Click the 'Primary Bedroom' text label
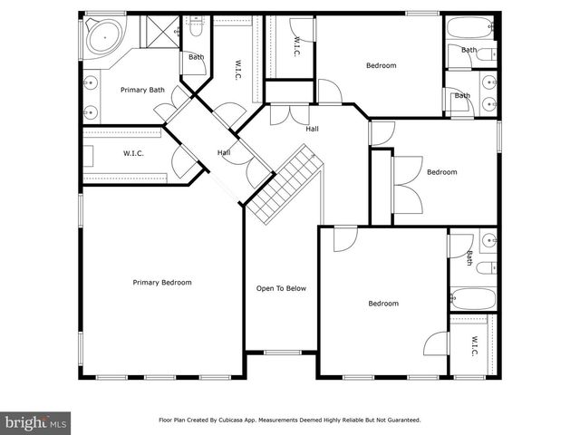tap(162, 283)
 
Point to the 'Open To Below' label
tap(281, 289)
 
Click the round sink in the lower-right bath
tap(488, 241)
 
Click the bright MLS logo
tap(35, 421)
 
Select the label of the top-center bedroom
tap(381, 65)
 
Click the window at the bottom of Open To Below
tap(281, 352)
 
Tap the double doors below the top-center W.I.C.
tap(289, 114)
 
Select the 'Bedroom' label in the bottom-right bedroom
tap(382, 304)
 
